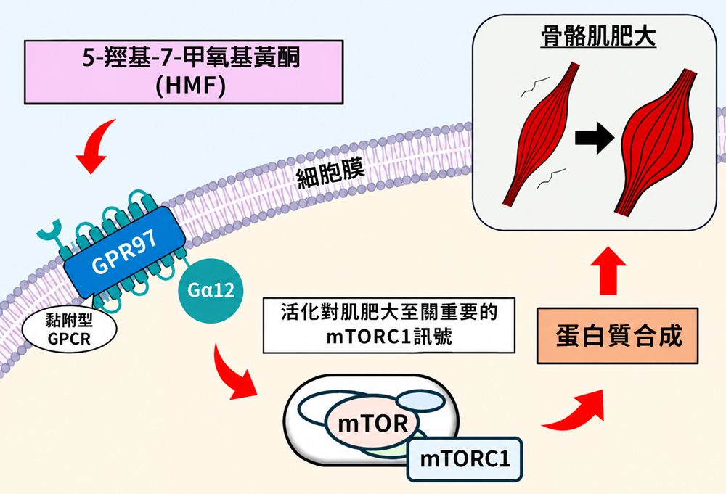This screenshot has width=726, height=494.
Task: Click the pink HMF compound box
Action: (x=184, y=72)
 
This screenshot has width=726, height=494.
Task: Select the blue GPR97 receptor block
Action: (x=125, y=252)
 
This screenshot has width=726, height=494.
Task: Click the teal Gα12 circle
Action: (x=211, y=290)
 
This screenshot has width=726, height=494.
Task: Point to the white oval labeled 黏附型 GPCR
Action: (x=70, y=329)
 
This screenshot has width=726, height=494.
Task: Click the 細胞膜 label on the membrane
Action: (x=330, y=173)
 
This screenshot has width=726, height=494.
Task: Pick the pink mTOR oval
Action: (x=372, y=423)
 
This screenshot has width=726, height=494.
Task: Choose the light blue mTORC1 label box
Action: (x=465, y=459)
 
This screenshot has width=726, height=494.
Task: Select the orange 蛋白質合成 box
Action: (x=618, y=336)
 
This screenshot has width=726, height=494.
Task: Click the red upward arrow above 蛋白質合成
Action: (x=608, y=271)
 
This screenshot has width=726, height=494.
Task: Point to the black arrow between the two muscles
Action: (x=595, y=138)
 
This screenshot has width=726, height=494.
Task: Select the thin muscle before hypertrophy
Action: (x=540, y=134)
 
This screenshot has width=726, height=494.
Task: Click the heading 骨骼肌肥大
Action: (x=598, y=36)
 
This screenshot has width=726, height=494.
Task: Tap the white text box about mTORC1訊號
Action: (x=389, y=326)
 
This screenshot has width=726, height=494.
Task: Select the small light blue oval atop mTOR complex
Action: (x=420, y=400)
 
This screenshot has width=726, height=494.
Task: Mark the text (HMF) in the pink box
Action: (x=191, y=86)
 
